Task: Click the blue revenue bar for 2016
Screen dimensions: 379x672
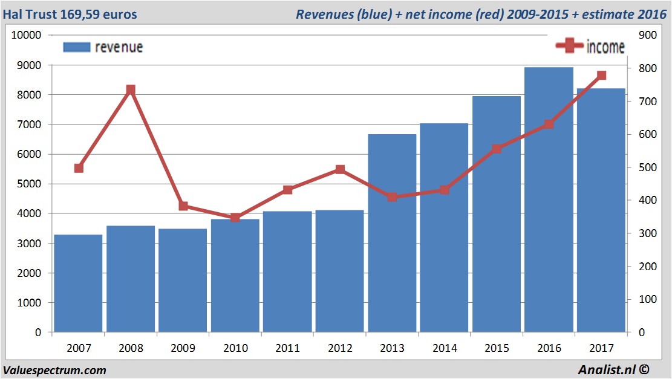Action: (x=549, y=199)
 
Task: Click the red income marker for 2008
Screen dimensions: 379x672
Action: (x=131, y=90)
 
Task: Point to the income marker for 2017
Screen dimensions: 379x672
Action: (x=601, y=76)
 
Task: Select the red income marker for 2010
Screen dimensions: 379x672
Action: (x=235, y=218)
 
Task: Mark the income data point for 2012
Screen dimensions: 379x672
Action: (x=340, y=170)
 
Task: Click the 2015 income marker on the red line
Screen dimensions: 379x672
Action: (x=497, y=149)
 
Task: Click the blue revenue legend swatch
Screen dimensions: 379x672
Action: (x=76, y=47)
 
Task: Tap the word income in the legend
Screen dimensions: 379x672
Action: (x=605, y=47)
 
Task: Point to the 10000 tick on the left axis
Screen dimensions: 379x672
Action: (x=26, y=35)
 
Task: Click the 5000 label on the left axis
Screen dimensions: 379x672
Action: (x=28, y=184)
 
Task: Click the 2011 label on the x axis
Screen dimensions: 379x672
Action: (x=287, y=348)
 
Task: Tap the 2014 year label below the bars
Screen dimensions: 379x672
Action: (x=444, y=348)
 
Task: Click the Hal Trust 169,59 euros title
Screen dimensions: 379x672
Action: (x=70, y=14)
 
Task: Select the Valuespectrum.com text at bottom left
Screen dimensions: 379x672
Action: (x=54, y=370)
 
